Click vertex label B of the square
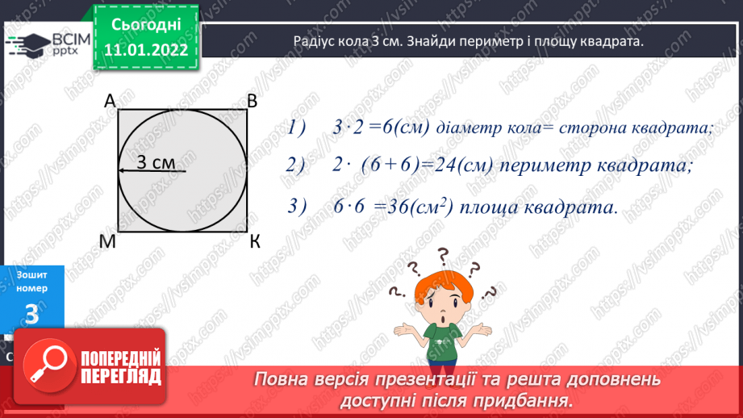coord(252,101)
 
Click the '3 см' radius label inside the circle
coord(155,161)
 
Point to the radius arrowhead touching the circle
coord(121,170)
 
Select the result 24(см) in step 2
coord(457,165)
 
